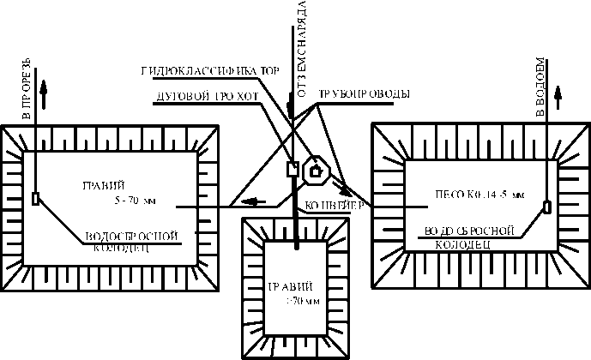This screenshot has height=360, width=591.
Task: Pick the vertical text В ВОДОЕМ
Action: [540, 87]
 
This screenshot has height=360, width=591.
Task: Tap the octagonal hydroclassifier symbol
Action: [316, 170]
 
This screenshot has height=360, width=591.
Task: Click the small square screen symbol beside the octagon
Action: [292, 169]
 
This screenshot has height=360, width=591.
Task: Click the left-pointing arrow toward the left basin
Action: [252, 202]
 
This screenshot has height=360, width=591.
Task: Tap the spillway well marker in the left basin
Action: [34, 199]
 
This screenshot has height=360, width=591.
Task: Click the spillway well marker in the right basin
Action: [546, 206]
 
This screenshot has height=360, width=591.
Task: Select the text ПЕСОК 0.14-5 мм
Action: [480, 194]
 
